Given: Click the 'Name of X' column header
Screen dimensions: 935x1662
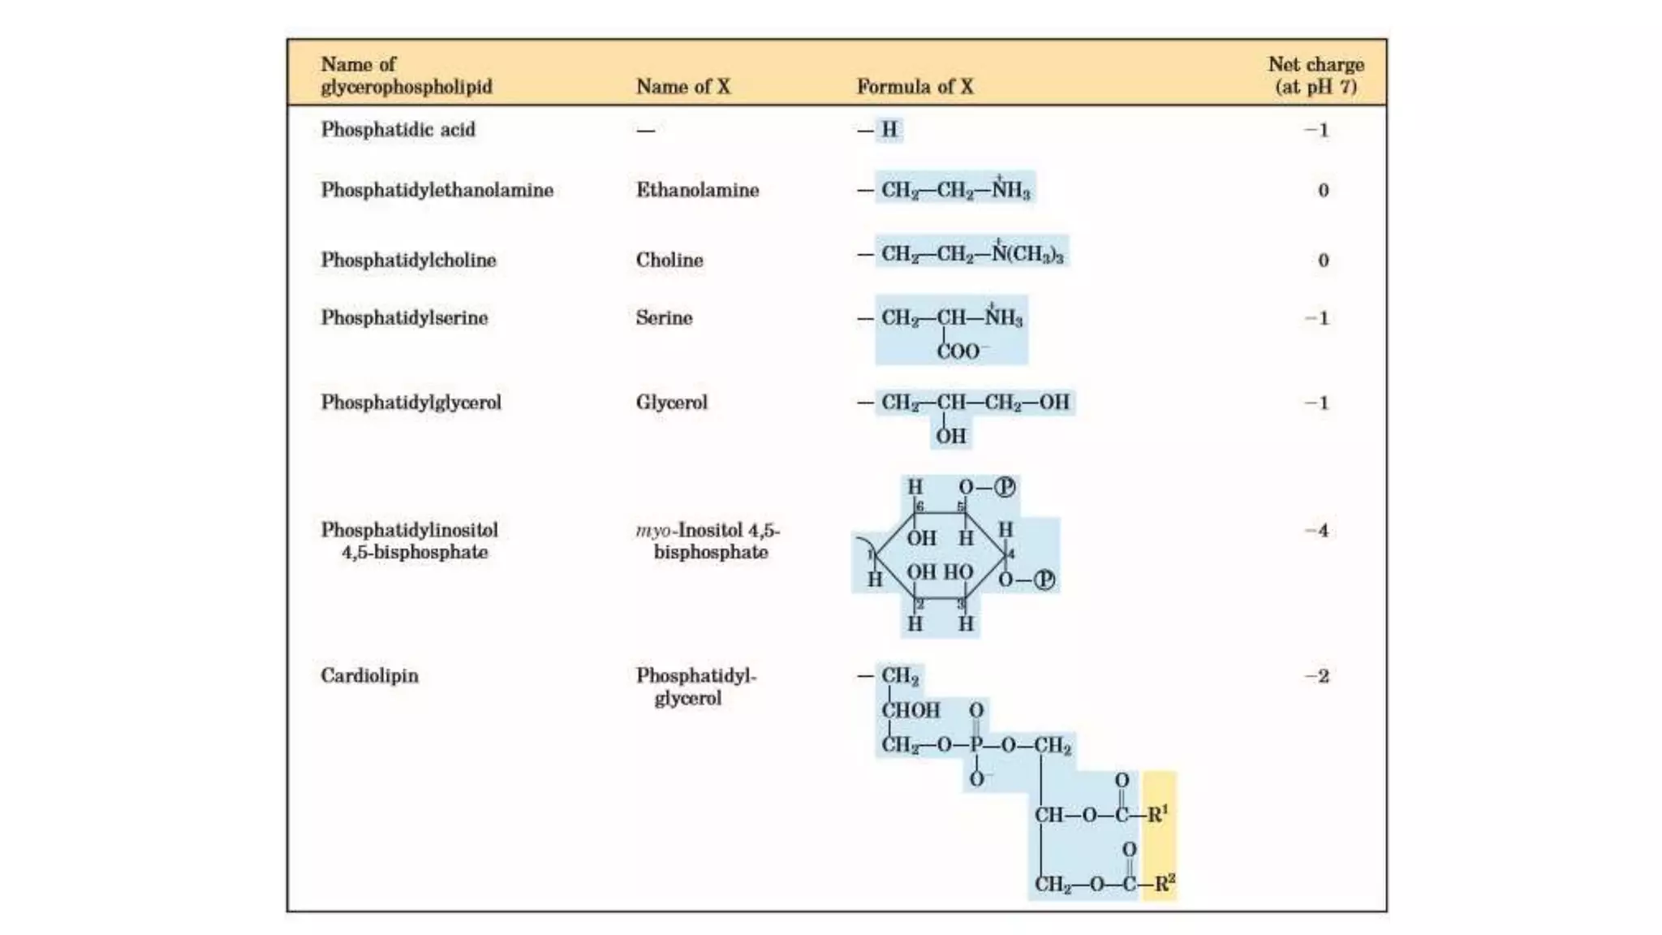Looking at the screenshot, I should coord(682,86).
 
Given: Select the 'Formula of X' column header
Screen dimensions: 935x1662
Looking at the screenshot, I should coord(915,86).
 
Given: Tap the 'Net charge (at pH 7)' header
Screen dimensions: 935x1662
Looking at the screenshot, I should coord(1315,75).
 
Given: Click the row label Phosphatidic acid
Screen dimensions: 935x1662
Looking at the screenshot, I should coord(398,130).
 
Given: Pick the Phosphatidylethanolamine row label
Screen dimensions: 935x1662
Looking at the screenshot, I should coord(437,190).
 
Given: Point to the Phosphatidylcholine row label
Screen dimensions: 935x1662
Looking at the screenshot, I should coord(408,260).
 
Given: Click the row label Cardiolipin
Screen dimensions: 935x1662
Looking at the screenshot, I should coord(369,675).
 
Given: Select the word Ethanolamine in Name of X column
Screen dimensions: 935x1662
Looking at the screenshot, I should coord(697,190).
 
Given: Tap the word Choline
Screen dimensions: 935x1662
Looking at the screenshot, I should coord(670,260).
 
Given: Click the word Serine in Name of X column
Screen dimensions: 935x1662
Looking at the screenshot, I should coord(664,317).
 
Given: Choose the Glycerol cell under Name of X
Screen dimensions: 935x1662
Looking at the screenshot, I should coord(671,403).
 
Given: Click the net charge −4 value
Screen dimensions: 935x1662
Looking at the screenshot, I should coord(1316,531).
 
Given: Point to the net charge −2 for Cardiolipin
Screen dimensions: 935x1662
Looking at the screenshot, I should coord(1316,676).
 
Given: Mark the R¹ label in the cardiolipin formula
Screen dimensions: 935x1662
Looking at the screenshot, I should coord(1158,814).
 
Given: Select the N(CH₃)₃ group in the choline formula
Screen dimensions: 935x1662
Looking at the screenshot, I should coord(1027,253).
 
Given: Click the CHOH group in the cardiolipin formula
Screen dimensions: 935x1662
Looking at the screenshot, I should coord(911,710).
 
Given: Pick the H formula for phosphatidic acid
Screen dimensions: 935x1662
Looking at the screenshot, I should coord(889,130).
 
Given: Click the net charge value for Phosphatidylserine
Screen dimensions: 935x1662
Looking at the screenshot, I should coord(1316,318).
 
